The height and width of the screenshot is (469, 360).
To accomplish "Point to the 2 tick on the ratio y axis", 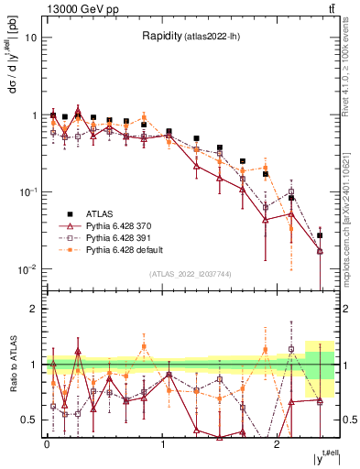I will (34, 309).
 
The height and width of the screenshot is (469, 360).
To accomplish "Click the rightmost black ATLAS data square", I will (320, 235).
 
